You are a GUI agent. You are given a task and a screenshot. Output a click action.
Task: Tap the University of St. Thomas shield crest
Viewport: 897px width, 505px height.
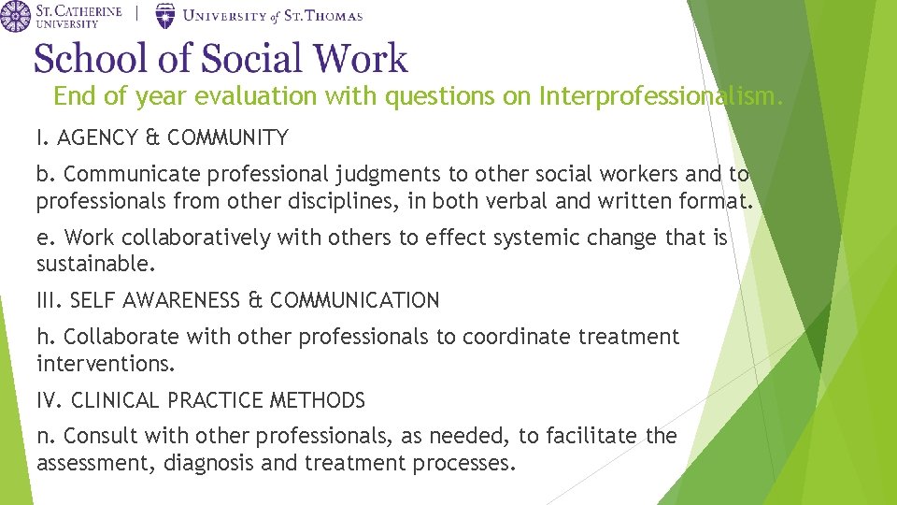point(164,15)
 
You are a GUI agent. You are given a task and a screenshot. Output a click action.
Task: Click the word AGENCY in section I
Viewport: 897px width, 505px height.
point(97,138)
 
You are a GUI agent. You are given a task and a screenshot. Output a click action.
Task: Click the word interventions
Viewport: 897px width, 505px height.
point(106,363)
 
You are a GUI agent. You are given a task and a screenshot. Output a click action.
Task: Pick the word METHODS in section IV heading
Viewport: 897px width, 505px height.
point(318,400)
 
